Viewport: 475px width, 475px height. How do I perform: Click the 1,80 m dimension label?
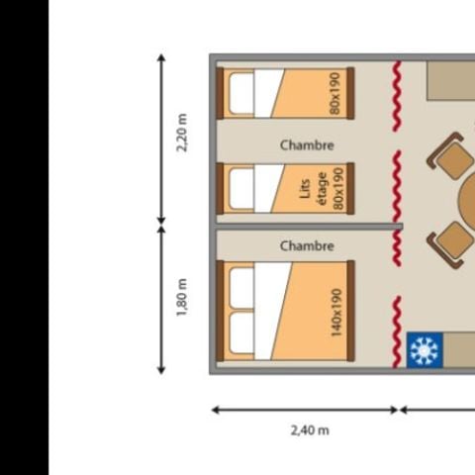[182, 298]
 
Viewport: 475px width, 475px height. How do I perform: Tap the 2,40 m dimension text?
[310, 429]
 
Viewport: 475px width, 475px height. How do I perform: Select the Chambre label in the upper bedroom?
[307, 145]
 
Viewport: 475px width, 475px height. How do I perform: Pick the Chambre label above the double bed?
[307, 245]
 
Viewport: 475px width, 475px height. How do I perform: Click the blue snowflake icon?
[423, 350]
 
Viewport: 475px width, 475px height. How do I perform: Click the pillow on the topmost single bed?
[242, 94]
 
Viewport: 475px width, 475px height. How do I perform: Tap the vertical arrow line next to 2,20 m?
[161, 138]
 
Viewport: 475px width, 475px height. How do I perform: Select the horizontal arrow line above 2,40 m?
[304, 409]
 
